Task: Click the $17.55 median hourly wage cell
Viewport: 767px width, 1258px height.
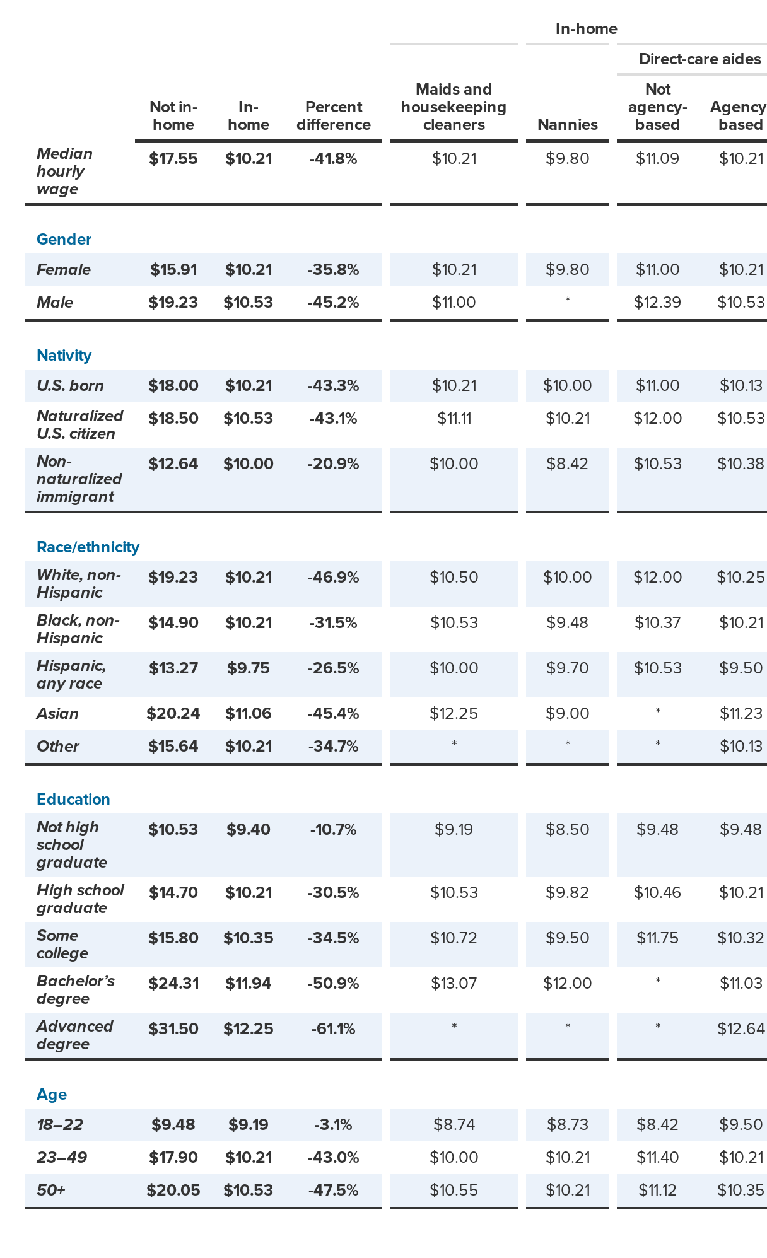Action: coord(173,159)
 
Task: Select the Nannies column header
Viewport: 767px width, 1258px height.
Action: coord(567,124)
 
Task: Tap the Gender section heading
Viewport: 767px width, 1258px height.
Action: coord(64,240)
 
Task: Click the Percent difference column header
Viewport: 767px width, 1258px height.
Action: coord(333,115)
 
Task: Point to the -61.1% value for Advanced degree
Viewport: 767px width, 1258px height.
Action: coord(333,1029)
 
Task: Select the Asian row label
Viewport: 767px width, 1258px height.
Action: coord(57,714)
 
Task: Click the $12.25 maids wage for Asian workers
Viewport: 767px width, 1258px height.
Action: coord(454,714)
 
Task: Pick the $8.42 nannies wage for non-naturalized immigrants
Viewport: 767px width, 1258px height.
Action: coord(567,464)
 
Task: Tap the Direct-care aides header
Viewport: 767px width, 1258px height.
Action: coord(700,59)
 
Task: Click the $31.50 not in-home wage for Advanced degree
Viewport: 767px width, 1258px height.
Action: coord(173,1029)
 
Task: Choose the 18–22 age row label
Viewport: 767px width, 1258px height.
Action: coord(60,1125)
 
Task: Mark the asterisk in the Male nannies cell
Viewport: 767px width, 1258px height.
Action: coord(567,301)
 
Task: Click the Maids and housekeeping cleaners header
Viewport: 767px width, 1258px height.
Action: coord(454,107)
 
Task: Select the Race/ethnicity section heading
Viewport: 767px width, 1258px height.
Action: coord(88,547)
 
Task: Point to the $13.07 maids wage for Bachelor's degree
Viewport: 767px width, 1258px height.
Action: coord(454,984)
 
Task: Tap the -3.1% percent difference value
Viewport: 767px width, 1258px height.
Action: coord(333,1125)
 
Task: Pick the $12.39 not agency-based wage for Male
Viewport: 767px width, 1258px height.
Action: coord(657,303)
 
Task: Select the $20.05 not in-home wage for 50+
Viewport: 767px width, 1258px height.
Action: coord(173,1191)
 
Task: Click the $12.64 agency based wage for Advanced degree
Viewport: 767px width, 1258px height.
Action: coord(741,1029)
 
